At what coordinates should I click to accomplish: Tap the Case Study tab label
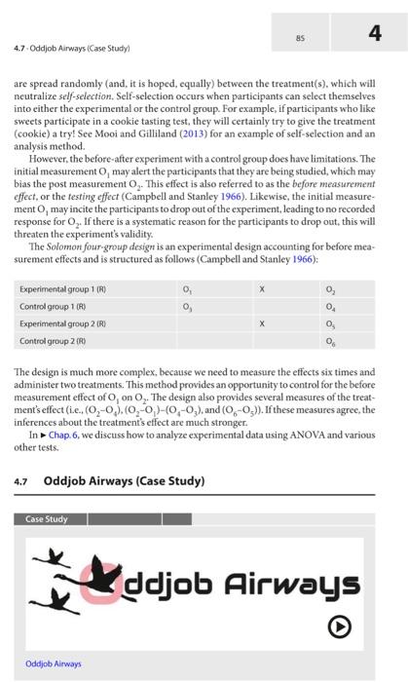(x=48, y=519)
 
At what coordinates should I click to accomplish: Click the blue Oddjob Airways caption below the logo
(x=55, y=663)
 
